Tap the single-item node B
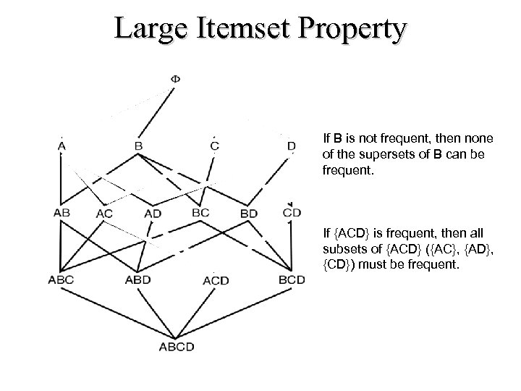(x=138, y=146)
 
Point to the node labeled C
(x=215, y=146)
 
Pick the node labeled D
(x=291, y=146)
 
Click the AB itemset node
(x=62, y=213)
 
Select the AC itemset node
(x=104, y=214)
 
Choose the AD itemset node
(x=153, y=213)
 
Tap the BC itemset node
(x=201, y=212)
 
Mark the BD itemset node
(x=248, y=214)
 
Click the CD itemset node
(x=292, y=212)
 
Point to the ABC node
(x=61, y=278)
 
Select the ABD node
(x=138, y=279)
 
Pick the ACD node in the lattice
(x=216, y=280)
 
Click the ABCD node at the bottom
(x=177, y=346)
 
